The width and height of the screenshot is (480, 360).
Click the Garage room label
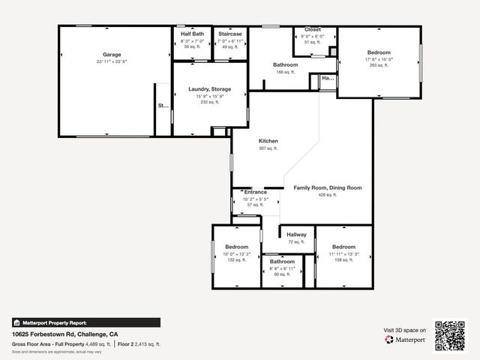pyautogui.click(x=112, y=55)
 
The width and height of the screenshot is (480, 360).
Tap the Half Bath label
pyautogui.click(x=193, y=34)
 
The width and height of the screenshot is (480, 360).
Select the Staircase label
pyautogui.click(x=229, y=34)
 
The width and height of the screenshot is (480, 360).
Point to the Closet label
pyautogui.click(x=312, y=29)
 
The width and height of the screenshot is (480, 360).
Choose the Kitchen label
pyautogui.click(x=268, y=142)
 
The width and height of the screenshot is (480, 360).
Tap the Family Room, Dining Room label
pyautogui.click(x=327, y=187)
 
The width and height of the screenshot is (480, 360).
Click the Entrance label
pyautogui.click(x=256, y=192)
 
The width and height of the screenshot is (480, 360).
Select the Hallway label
pyautogui.click(x=296, y=235)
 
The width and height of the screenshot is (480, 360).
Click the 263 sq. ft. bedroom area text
pyautogui.click(x=378, y=65)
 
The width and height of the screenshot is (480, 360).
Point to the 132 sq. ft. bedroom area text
pyautogui.click(x=236, y=259)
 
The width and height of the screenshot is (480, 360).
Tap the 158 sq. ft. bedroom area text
pyautogui.click(x=343, y=259)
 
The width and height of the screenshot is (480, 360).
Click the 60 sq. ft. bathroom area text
pyautogui.click(x=282, y=274)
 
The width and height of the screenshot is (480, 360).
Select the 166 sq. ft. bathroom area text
pyautogui.click(x=285, y=72)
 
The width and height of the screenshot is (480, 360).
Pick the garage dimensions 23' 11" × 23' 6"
pyautogui.click(x=112, y=61)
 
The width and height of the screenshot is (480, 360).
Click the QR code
pyautogui.click(x=450, y=335)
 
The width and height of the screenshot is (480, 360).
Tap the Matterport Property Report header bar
pyautogui.click(x=85, y=322)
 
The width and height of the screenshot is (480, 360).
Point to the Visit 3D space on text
pyautogui.click(x=405, y=330)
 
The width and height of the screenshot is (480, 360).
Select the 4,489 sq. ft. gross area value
pyautogui.click(x=97, y=344)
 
